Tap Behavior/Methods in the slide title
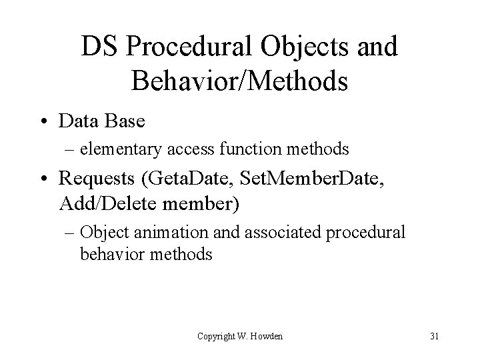click(240, 81)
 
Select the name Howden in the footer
click(267, 336)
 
